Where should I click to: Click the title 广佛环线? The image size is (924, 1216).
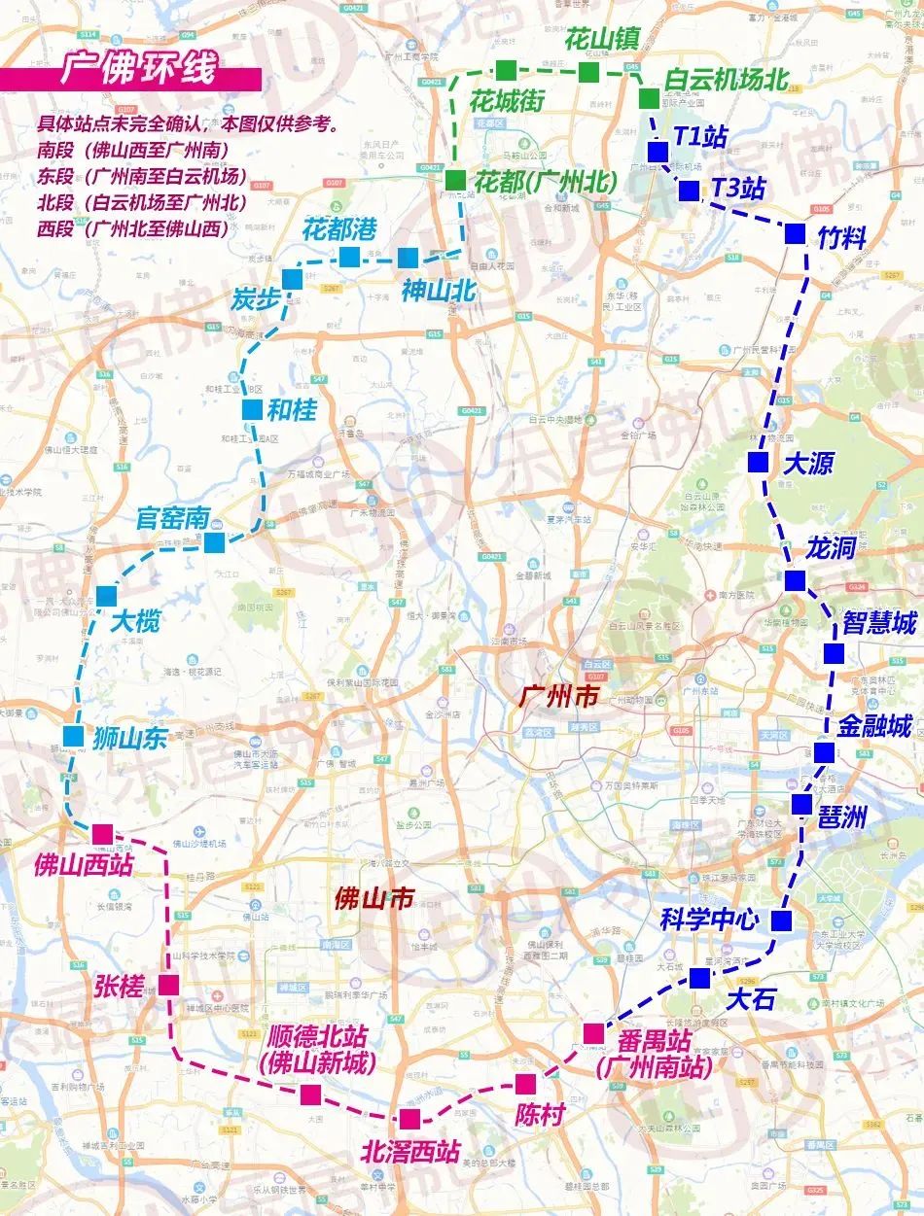(136, 73)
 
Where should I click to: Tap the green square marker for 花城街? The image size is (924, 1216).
(506, 69)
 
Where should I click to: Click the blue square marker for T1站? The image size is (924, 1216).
(657, 152)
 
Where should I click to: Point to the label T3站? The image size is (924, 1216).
(737, 189)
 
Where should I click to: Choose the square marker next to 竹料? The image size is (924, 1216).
(795, 233)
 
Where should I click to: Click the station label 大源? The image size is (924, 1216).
(808, 464)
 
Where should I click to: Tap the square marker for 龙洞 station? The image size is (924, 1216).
(795, 580)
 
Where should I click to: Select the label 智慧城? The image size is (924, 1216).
(879, 623)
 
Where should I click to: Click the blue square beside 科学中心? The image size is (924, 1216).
(781, 920)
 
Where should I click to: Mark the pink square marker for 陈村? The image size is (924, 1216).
(525, 1084)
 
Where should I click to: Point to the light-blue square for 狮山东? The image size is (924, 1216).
(73, 736)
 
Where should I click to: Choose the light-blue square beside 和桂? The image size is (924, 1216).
(252, 410)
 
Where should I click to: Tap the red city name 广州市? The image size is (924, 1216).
(561, 695)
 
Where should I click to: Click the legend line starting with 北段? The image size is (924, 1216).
(141, 203)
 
